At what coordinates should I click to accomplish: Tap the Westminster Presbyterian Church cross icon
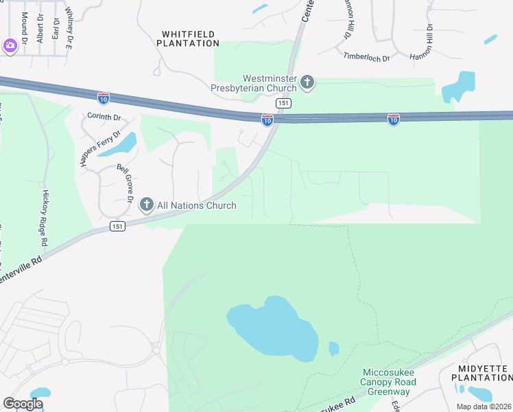click(307, 83)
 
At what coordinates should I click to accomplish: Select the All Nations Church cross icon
click(146, 205)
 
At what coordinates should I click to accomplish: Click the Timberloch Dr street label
click(366, 58)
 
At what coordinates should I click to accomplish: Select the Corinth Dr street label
click(104, 117)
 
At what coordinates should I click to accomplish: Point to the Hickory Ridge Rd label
click(45, 219)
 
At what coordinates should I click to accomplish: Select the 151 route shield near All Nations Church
click(118, 226)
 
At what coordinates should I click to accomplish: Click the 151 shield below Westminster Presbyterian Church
click(283, 103)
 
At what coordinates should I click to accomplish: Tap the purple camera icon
click(10, 46)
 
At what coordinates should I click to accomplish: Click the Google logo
click(23, 403)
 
